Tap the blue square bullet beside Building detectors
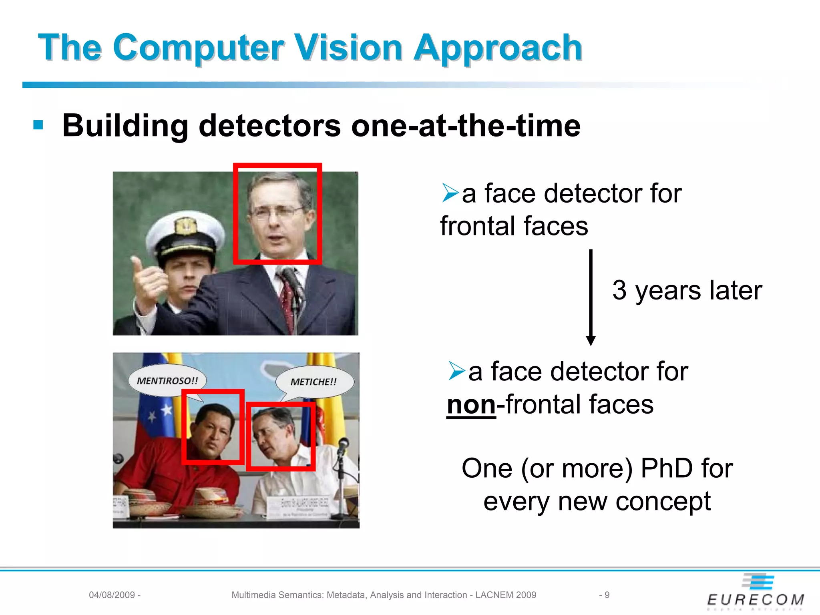(38, 125)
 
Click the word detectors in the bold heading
(269, 126)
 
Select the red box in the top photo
(277, 213)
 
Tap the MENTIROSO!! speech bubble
(167, 380)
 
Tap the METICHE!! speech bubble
(314, 382)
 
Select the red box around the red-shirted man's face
(213, 427)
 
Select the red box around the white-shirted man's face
(280, 436)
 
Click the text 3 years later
(687, 290)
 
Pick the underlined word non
(471, 404)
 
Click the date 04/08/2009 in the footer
(112, 595)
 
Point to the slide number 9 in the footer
(607, 595)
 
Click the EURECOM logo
(756, 593)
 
